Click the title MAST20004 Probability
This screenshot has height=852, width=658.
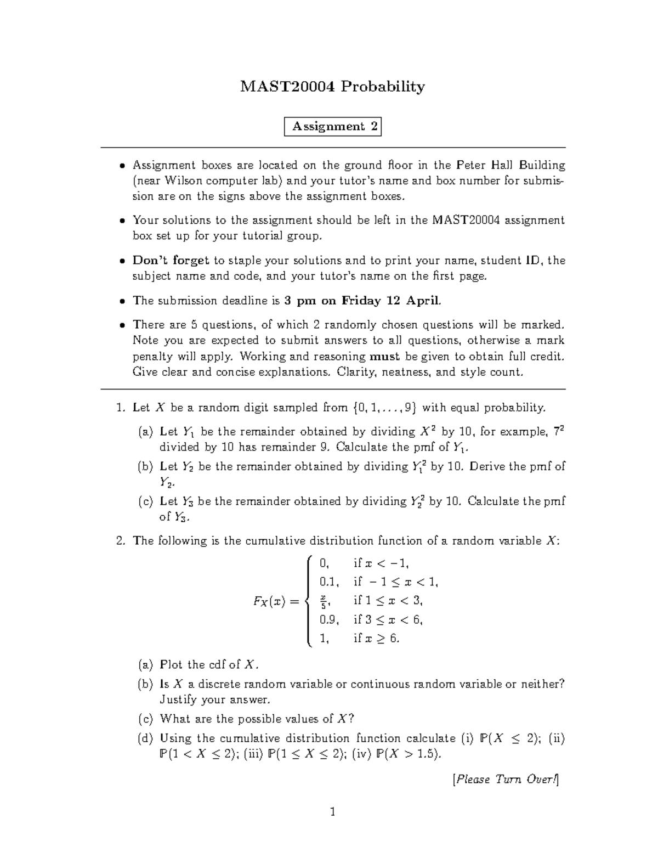coord(332,87)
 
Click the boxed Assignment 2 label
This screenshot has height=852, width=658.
coord(333,127)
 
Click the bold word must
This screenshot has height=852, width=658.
coord(385,356)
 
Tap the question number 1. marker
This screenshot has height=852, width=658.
coord(121,408)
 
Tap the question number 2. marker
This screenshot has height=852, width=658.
coord(121,541)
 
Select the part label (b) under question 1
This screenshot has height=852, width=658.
coord(146,467)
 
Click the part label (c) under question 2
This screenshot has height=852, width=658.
coord(146,719)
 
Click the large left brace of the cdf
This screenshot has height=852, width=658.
coord(309,601)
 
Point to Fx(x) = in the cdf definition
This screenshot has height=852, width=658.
coord(276,601)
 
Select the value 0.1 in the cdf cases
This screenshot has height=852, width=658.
coord(329,582)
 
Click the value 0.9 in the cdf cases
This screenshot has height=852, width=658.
coord(329,620)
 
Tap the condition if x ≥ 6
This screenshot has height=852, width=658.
coord(376,639)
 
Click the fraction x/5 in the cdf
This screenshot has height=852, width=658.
coord(324,601)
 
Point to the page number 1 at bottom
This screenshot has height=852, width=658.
coord(332,812)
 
